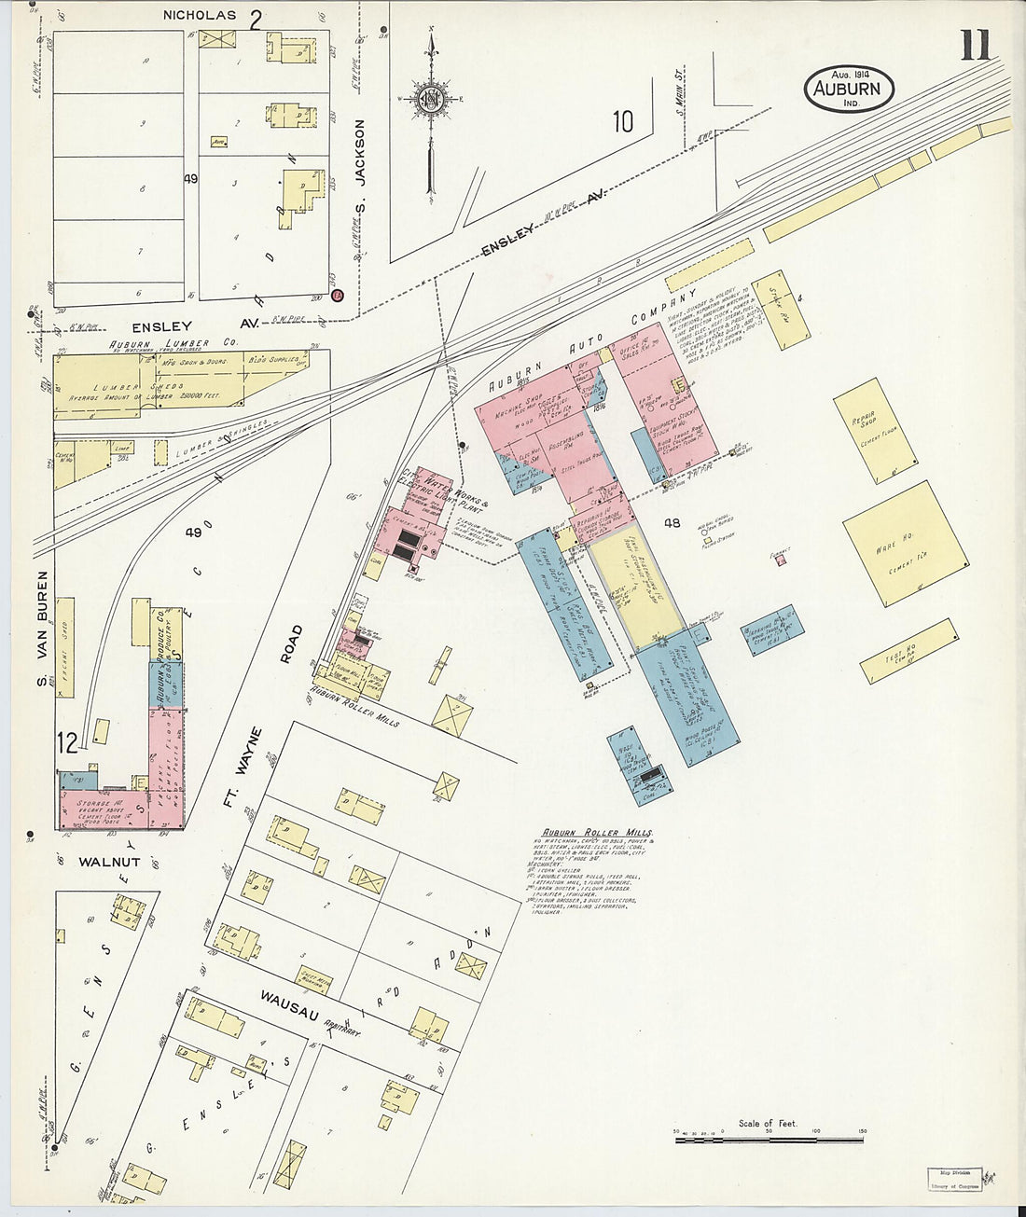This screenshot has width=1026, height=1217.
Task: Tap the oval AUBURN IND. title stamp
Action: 848,90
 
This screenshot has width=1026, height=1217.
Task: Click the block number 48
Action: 672,523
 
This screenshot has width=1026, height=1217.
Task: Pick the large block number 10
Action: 622,121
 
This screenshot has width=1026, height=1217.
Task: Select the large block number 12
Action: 67,743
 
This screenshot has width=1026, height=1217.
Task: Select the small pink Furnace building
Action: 781,560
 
